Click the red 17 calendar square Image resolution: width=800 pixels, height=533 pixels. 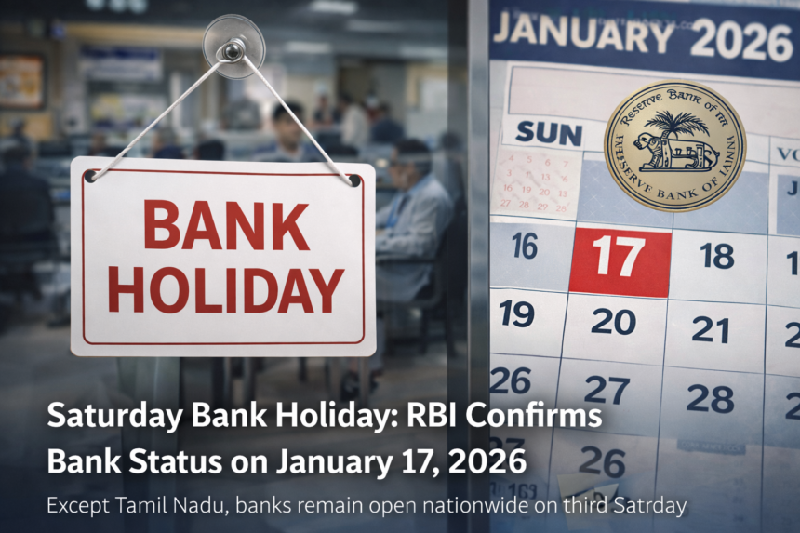[620, 258]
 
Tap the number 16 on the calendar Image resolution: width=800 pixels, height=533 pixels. [525, 247]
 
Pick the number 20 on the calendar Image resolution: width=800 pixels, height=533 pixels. [613, 321]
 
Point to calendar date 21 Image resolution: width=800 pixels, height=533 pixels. [710, 329]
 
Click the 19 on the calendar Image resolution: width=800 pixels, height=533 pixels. [516, 313]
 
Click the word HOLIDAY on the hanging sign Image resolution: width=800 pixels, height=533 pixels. [224, 290]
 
